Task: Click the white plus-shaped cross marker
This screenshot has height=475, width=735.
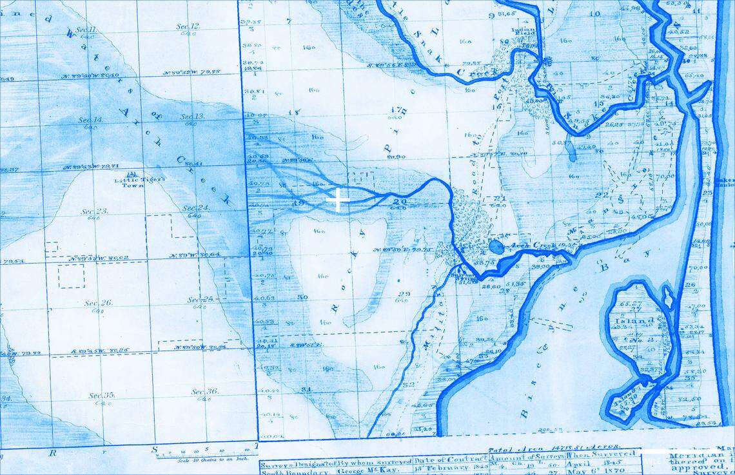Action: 338,200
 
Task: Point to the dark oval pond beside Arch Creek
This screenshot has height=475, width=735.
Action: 497,246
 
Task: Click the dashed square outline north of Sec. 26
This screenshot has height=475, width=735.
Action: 71,276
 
